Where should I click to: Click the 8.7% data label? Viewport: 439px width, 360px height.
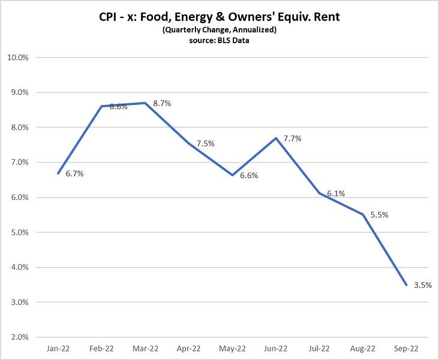161,103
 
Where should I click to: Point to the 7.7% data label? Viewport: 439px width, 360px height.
309,139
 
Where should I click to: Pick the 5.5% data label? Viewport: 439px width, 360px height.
379,214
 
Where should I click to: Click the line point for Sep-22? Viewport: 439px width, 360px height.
406,285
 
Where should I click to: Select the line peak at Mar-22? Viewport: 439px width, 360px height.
146,103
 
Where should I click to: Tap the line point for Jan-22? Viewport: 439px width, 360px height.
58,173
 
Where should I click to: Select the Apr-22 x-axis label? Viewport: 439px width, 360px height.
188,349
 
